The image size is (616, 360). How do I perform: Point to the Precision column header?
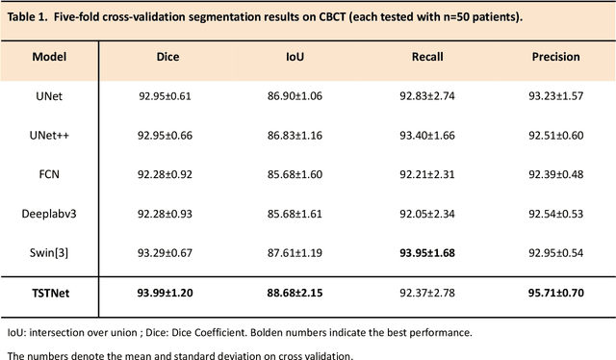555,57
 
